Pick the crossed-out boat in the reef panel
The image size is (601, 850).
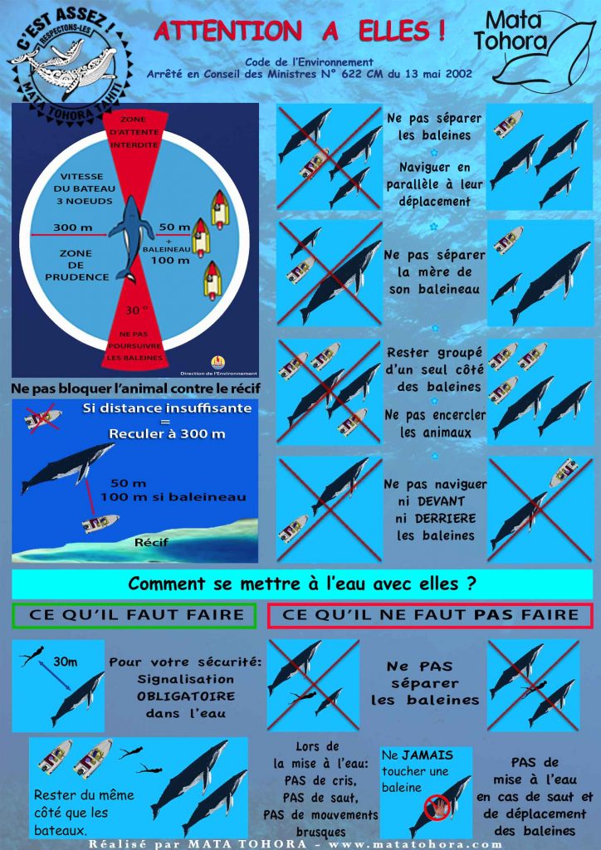point(42,418)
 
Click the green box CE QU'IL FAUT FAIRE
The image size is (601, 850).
point(134,615)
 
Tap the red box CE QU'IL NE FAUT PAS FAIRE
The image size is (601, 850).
point(430,615)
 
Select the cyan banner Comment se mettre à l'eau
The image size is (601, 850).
point(301,584)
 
